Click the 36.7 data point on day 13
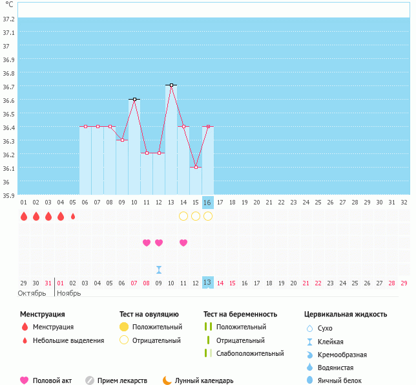(171, 85)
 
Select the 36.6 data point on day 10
(134, 99)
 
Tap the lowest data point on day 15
(196, 167)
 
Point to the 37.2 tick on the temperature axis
(9, 19)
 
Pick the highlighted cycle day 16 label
(207, 203)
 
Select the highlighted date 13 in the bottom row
(207, 282)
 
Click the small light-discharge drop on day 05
(73, 216)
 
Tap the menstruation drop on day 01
(24, 216)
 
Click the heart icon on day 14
(183, 243)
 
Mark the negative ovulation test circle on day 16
(208, 216)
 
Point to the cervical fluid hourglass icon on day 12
(159, 269)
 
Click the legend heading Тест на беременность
(240, 314)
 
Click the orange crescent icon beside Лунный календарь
(167, 380)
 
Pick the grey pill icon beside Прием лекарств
(90, 380)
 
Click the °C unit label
(9, 5)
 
